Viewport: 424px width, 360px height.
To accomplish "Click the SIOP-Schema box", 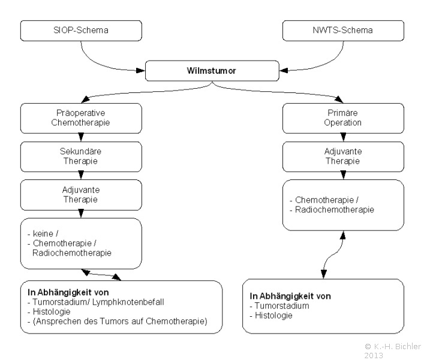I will pos(82,30).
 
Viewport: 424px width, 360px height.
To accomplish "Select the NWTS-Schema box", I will pos(343,30).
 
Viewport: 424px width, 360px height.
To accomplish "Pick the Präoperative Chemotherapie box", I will pos(82,118).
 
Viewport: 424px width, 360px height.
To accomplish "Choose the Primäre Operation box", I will pos(343,118).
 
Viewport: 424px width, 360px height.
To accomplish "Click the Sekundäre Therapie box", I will pos(82,157).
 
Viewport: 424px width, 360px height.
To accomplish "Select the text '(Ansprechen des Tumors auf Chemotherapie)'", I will pos(118,322).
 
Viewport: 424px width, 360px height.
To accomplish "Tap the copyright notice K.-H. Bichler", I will pos(393,347).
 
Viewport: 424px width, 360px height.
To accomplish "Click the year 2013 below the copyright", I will pos(374,355).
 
